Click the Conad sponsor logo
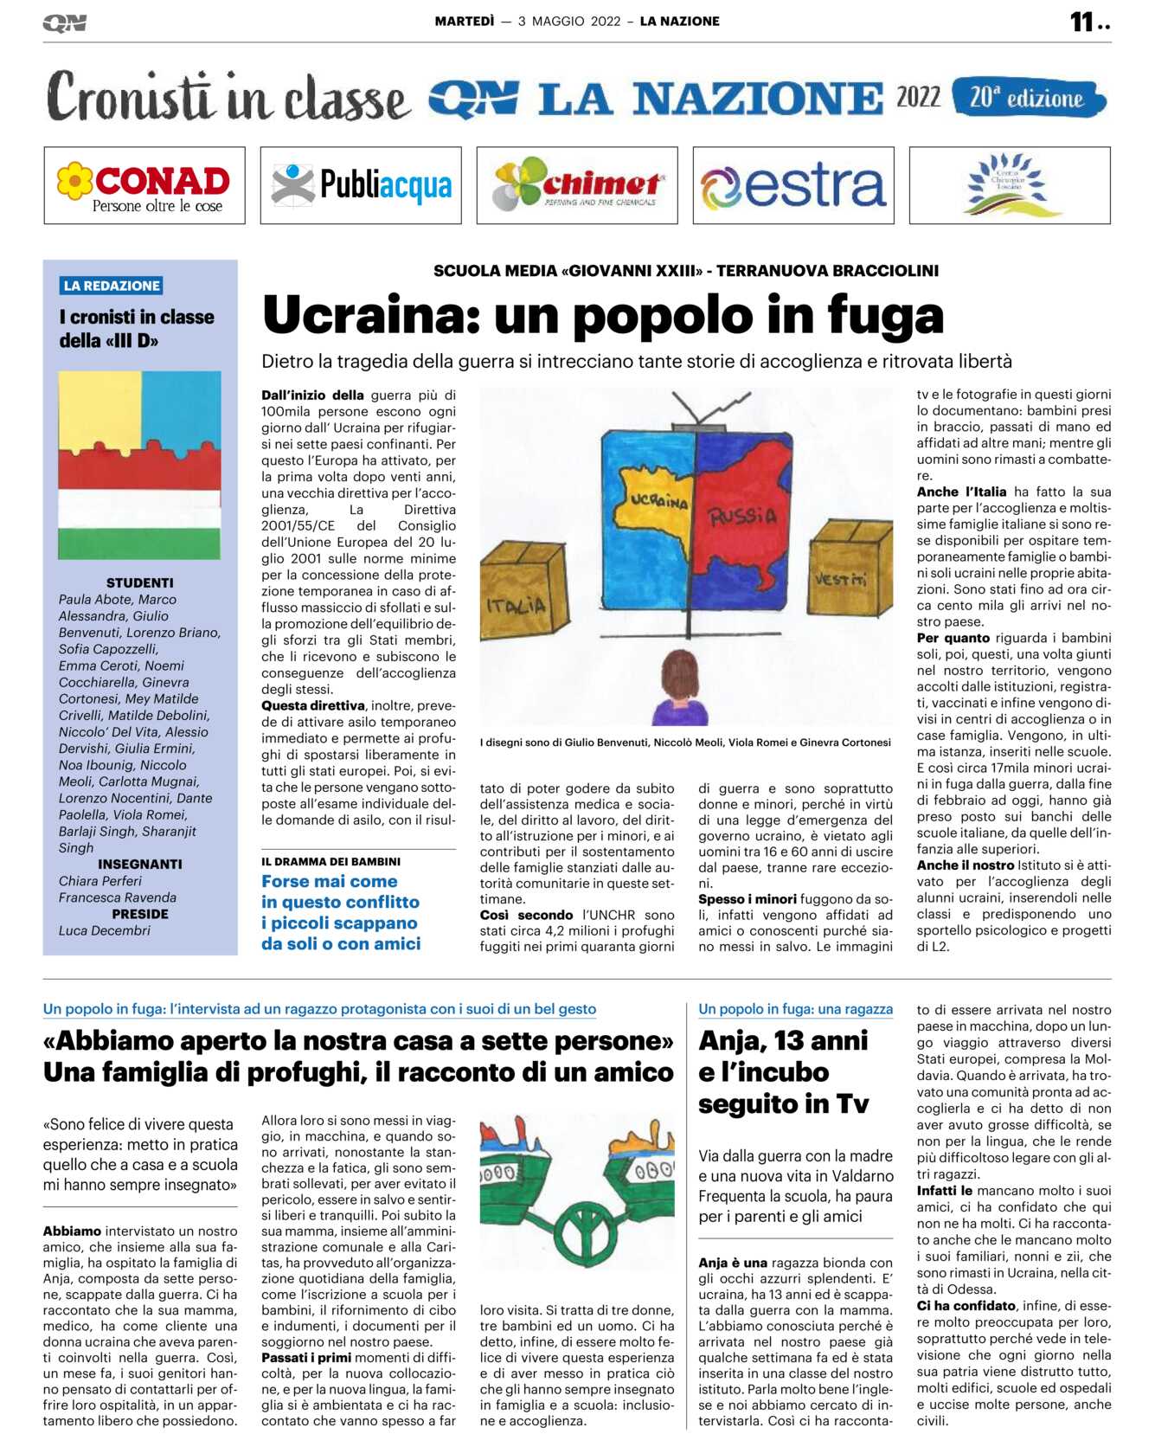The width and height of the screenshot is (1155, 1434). coord(144,186)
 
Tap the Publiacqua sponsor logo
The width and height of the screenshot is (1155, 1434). coord(361,185)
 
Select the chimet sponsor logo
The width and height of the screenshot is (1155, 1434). coord(577,185)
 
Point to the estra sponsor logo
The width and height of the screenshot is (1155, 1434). coord(793,185)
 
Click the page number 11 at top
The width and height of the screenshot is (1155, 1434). coord(1082,22)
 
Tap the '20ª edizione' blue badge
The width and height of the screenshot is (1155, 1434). coord(1028,98)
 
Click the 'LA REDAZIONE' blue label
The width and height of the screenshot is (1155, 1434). coord(112,286)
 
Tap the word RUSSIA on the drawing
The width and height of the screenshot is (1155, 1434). coord(742,517)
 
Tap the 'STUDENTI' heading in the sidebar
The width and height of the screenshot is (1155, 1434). coord(140,583)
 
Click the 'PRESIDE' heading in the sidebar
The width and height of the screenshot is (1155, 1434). coord(140,914)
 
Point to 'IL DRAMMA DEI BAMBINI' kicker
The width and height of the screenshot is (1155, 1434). coord(331,862)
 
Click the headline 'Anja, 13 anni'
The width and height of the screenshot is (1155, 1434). coord(783,1040)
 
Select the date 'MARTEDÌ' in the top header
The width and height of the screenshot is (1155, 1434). coord(465,22)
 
